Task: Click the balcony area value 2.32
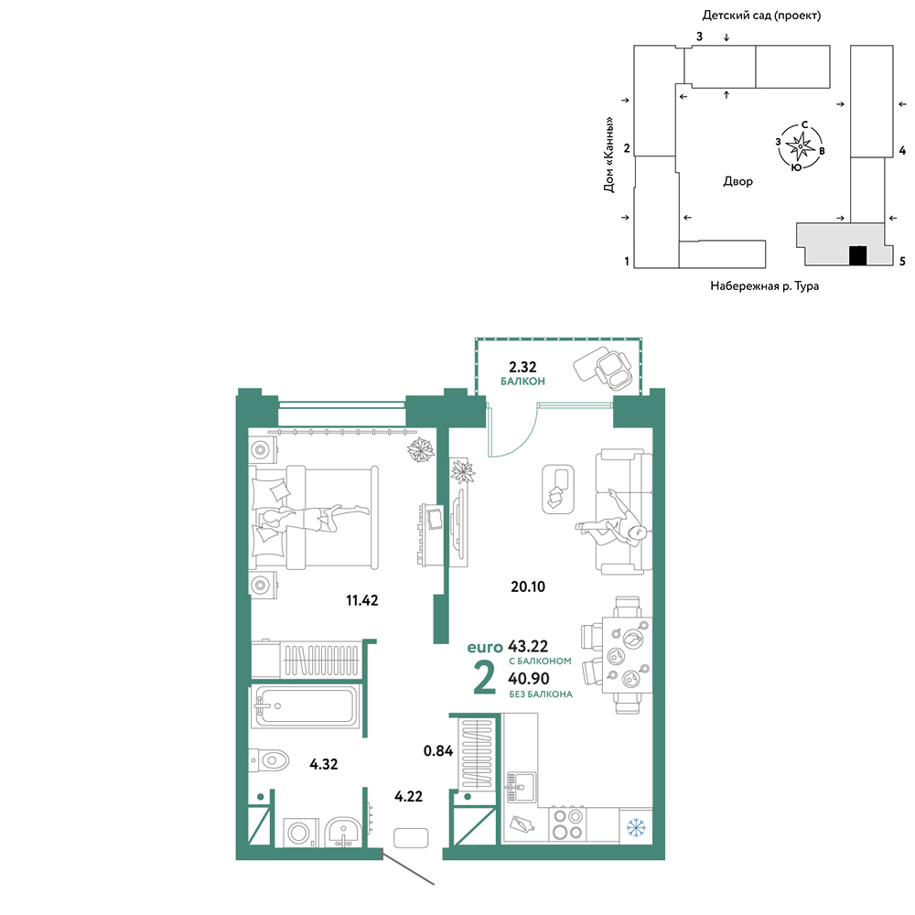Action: tap(522, 367)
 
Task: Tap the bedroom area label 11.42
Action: tap(361, 600)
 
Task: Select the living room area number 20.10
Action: tap(528, 587)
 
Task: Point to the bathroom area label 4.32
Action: tap(323, 764)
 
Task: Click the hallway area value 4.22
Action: tap(408, 796)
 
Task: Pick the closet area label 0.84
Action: tap(438, 750)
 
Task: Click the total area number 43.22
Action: tap(528, 646)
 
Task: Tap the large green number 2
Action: tap(484, 677)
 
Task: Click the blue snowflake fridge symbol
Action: tap(636, 827)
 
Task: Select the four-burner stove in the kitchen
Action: tap(568, 824)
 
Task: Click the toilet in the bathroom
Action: tap(269, 760)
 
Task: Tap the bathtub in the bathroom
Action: tap(305, 706)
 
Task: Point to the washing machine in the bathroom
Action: tap(300, 832)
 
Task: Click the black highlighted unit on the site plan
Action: tap(858, 255)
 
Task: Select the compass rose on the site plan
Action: tap(800, 145)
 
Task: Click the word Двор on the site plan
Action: tap(738, 181)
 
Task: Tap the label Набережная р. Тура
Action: tap(764, 285)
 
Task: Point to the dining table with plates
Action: tap(627, 655)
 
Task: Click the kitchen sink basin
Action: tap(522, 786)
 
